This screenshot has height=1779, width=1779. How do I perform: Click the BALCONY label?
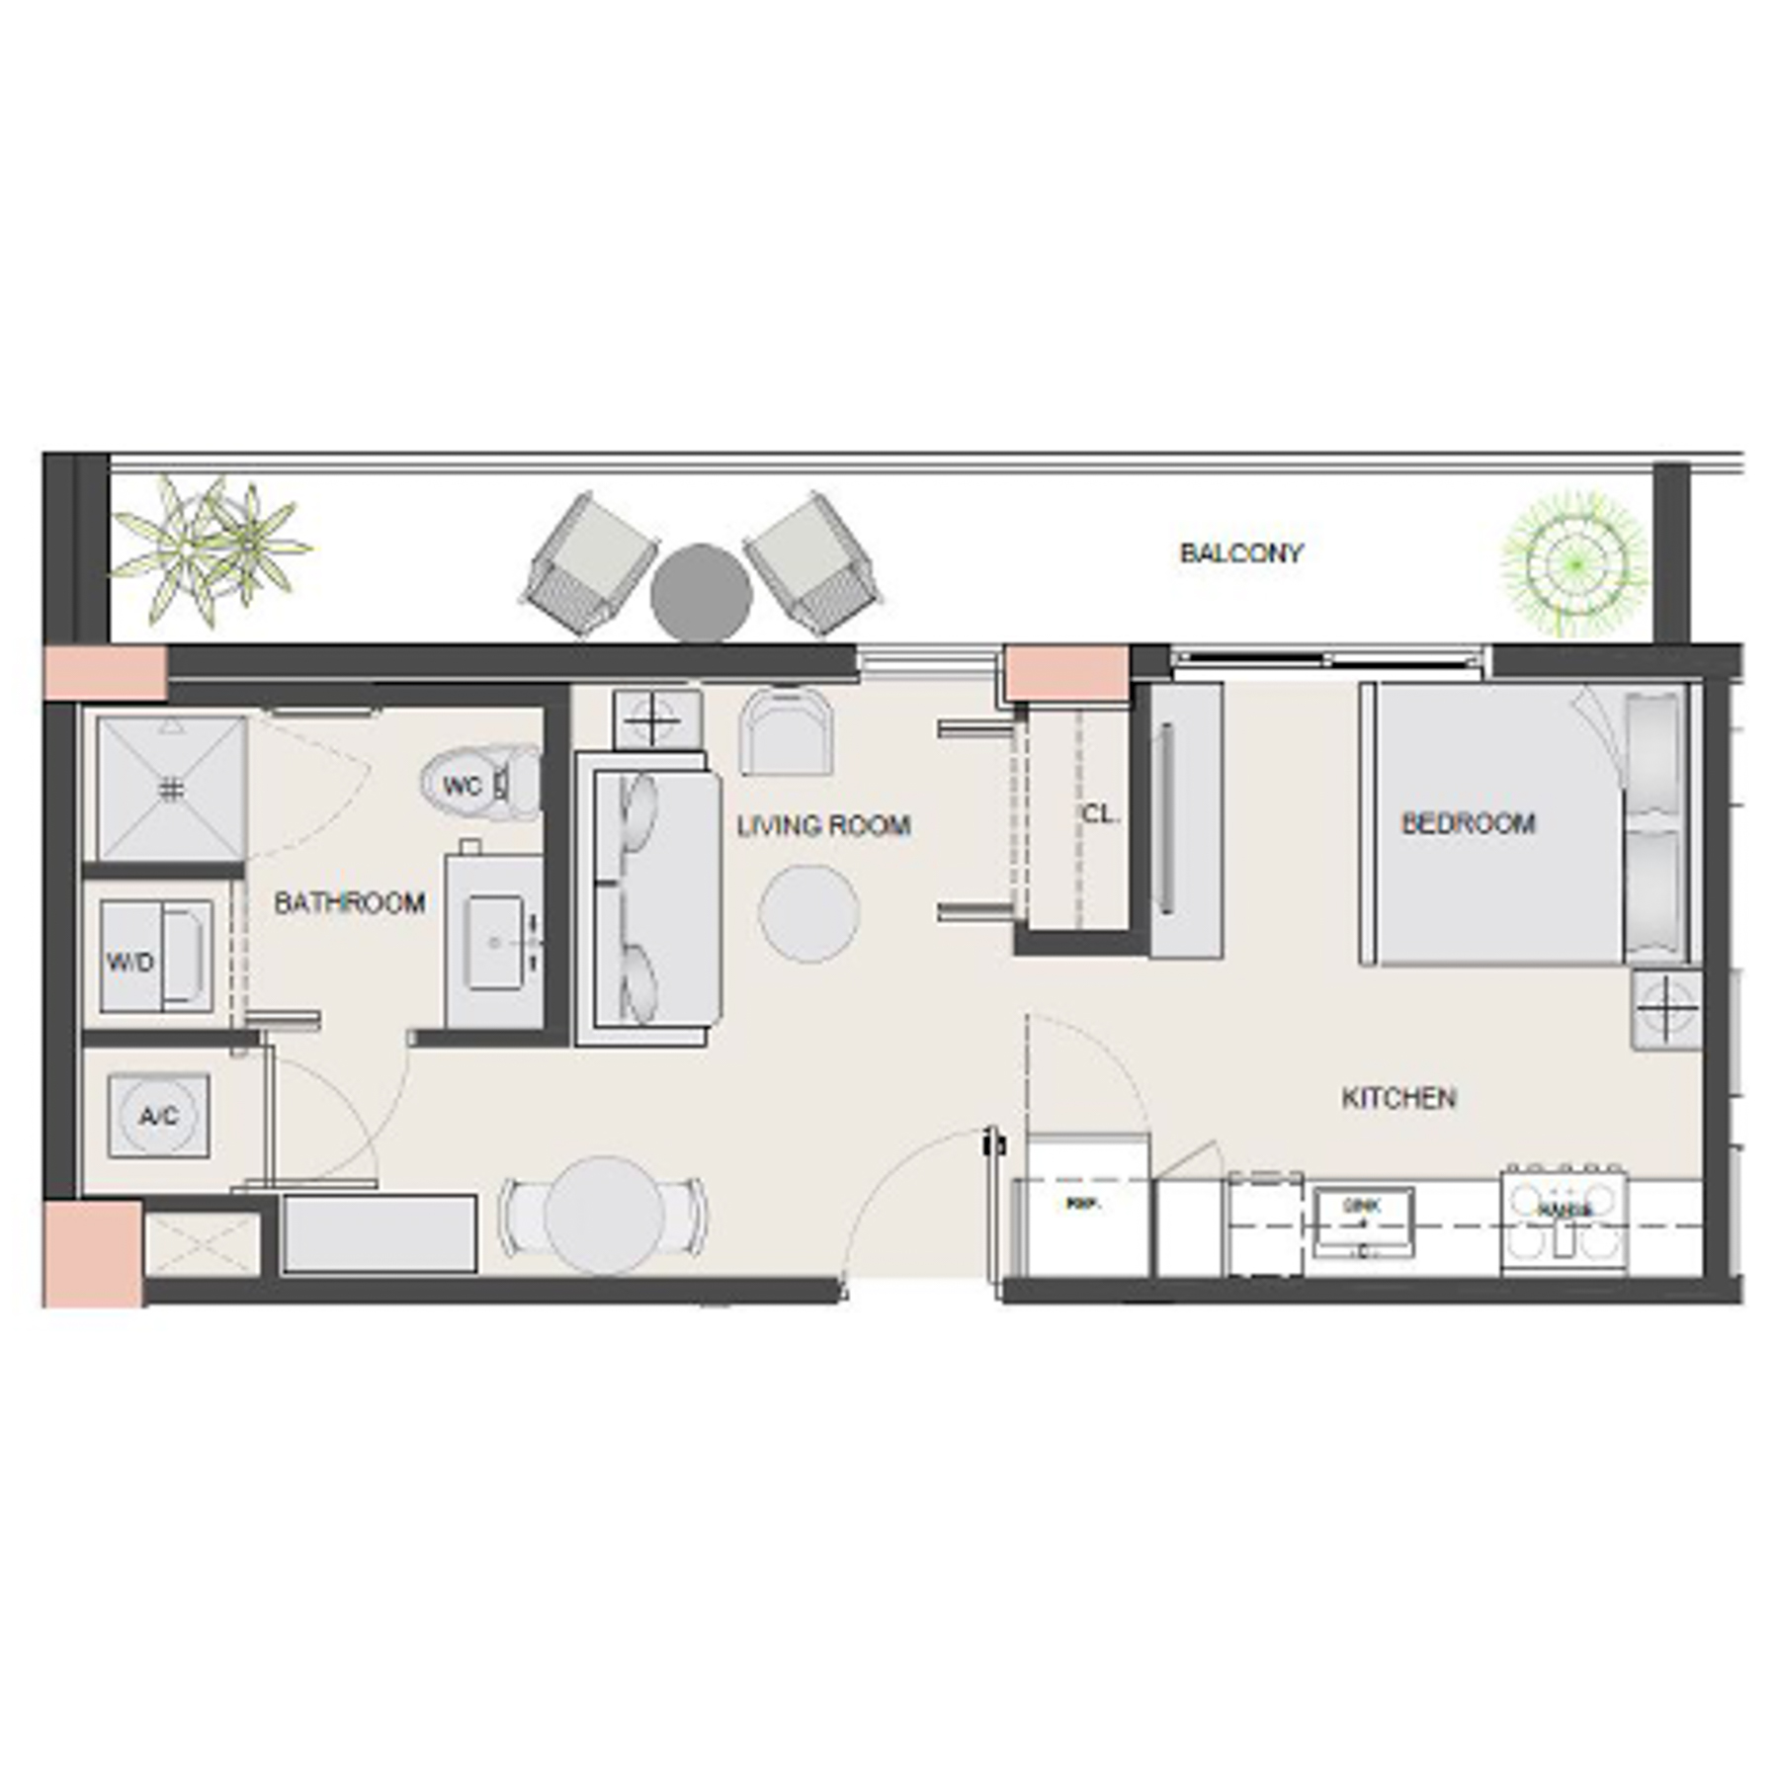click(1240, 553)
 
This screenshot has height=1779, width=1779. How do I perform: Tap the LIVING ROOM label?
click(823, 826)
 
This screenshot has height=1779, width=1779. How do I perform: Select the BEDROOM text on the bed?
click(1469, 823)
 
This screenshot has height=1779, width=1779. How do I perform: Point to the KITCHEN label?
click(1398, 1098)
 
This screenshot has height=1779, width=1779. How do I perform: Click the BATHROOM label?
click(349, 902)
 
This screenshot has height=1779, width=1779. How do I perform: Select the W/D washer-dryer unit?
click(156, 957)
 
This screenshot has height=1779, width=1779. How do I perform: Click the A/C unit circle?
click(158, 1117)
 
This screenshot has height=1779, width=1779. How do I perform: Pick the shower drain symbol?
click(172, 789)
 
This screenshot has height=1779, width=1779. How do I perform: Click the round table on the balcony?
click(701, 593)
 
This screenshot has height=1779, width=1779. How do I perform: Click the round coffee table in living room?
click(808, 912)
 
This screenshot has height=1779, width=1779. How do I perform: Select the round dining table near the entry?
click(604, 1216)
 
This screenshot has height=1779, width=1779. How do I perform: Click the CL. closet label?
click(1100, 815)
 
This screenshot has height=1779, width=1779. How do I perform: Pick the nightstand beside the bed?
click(1666, 1009)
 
